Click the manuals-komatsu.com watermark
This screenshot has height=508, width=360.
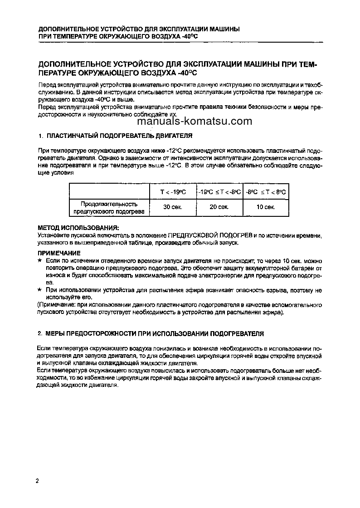pos(194,121)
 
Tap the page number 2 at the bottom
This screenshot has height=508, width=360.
pos(37,481)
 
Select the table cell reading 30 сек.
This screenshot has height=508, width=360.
pos(172,207)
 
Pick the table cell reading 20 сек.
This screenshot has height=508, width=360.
pos(219,207)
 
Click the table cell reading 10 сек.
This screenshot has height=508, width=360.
pos(266,207)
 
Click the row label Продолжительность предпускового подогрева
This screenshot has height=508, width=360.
pos(109,207)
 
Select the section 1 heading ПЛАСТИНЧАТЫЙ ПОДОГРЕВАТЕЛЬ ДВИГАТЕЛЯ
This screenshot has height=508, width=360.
pos(119,136)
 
